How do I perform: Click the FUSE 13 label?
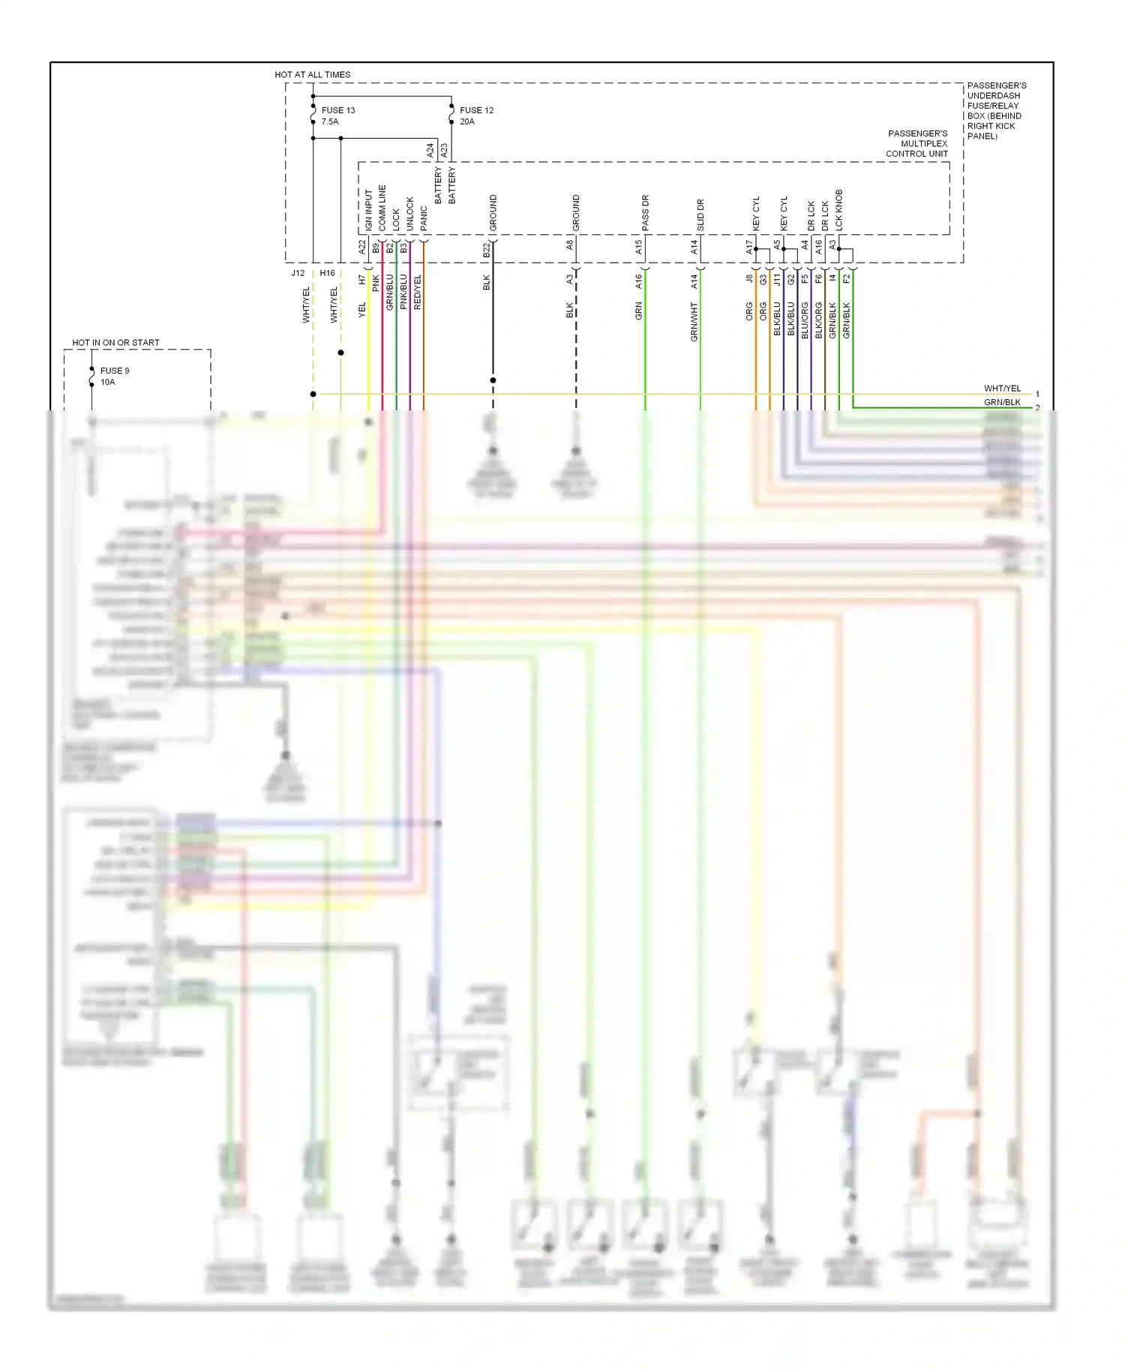click(337, 110)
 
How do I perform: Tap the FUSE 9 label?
click(114, 371)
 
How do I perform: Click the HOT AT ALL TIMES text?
click(312, 74)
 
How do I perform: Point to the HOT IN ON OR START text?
click(115, 343)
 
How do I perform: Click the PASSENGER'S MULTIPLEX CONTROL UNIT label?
click(917, 143)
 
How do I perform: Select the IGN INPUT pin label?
click(368, 209)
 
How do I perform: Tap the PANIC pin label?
click(424, 218)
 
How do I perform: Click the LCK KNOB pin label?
click(838, 209)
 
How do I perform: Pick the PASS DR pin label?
click(645, 212)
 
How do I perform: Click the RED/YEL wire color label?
click(418, 292)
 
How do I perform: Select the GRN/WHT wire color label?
click(694, 322)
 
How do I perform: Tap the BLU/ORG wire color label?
click(805, 320)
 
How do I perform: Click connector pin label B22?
click(486, 250)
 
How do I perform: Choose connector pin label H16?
click(327, 273)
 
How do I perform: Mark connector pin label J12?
click(298, 273)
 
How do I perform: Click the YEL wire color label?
click(361, 310)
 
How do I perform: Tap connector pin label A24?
click(430, 150)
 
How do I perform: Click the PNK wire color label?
click(376, 284)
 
